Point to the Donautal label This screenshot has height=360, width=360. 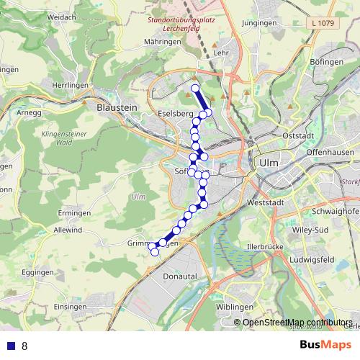(x=179, y=276)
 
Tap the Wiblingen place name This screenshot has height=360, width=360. (x=234, y=307)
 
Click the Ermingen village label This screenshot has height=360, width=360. (x=74, y=213)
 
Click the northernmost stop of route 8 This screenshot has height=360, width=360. (x=194, y=88)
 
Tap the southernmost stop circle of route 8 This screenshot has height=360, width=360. (x=154, y=251)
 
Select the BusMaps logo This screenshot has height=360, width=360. (x=324, y=346)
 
